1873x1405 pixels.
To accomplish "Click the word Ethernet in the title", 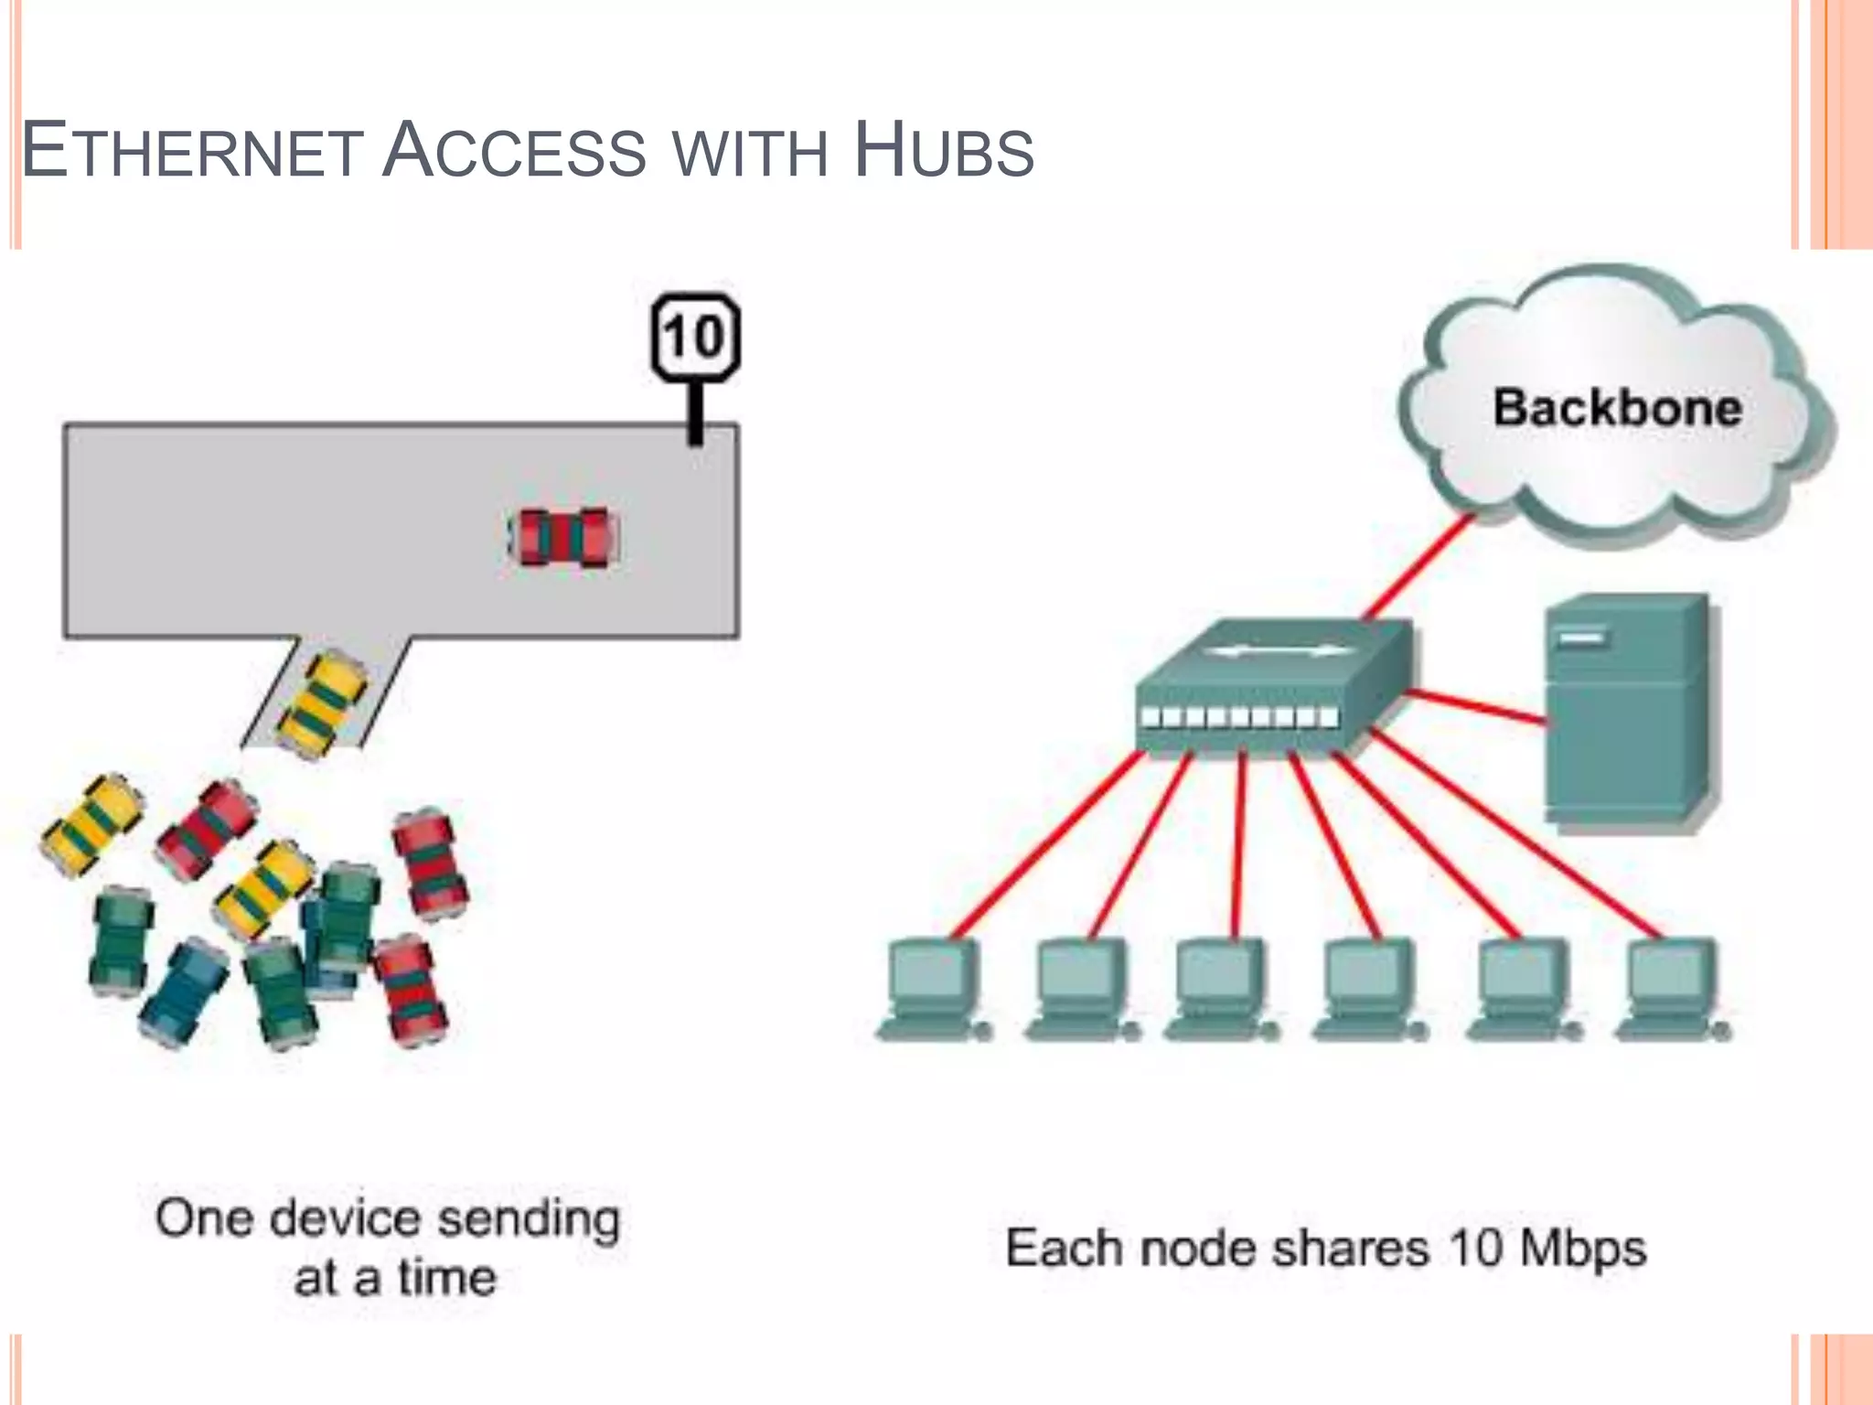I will point(192,151).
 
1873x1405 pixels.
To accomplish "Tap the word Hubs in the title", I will point(943,151).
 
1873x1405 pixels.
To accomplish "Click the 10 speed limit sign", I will point(695,337).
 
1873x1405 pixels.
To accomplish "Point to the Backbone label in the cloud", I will point(1616,408).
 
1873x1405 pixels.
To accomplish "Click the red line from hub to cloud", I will point(1418,567).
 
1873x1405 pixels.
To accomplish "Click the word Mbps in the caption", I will point(1582,1249).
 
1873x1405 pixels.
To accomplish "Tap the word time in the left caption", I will point(446,1278).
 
